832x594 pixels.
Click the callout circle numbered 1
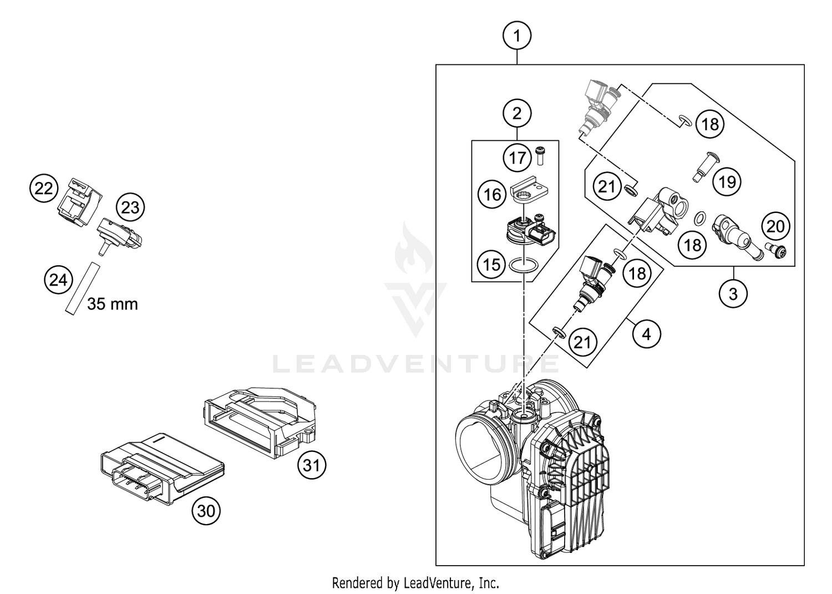517,36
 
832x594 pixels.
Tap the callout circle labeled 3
733,293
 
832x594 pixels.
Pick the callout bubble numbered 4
646,334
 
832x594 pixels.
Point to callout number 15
491,264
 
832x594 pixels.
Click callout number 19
727,181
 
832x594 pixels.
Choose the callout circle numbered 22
44,189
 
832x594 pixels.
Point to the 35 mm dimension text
113,304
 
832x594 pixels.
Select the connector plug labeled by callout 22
79,203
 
